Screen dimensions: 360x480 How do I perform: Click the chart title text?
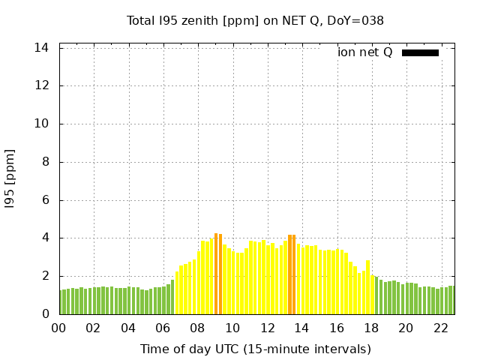click(255, 21)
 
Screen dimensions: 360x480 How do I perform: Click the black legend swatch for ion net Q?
click(420, 52)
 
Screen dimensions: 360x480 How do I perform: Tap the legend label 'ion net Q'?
click(365, 52)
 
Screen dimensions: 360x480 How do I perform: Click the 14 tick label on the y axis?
click(43, 48)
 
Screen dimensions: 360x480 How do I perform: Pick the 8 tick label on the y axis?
click(46, 162)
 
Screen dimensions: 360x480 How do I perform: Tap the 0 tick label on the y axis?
click(46, 314)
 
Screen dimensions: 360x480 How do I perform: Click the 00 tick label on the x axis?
click(58, 328)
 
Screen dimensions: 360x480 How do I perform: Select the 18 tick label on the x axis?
click(371, 328)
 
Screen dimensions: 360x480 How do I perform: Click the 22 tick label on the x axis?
click(441, 328)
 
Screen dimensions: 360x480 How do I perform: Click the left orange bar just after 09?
click(216, 274)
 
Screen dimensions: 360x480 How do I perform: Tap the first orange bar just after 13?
click(289, 274)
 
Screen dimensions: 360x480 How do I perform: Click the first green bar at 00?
click(61, 302)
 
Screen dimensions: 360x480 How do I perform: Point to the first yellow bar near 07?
click(177, 292)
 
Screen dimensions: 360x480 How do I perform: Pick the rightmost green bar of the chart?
click(451, 300)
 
